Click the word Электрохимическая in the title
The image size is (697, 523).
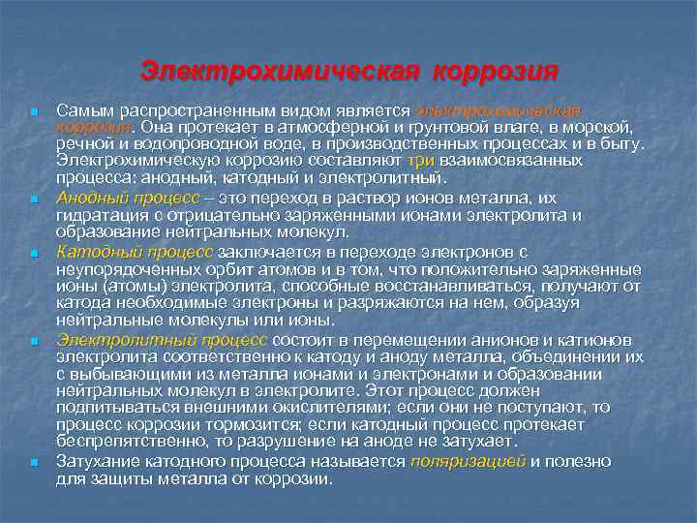(280, 72)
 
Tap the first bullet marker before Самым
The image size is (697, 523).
(34, 114)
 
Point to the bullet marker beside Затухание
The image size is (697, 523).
(34, 464)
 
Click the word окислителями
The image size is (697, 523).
(260, 410)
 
